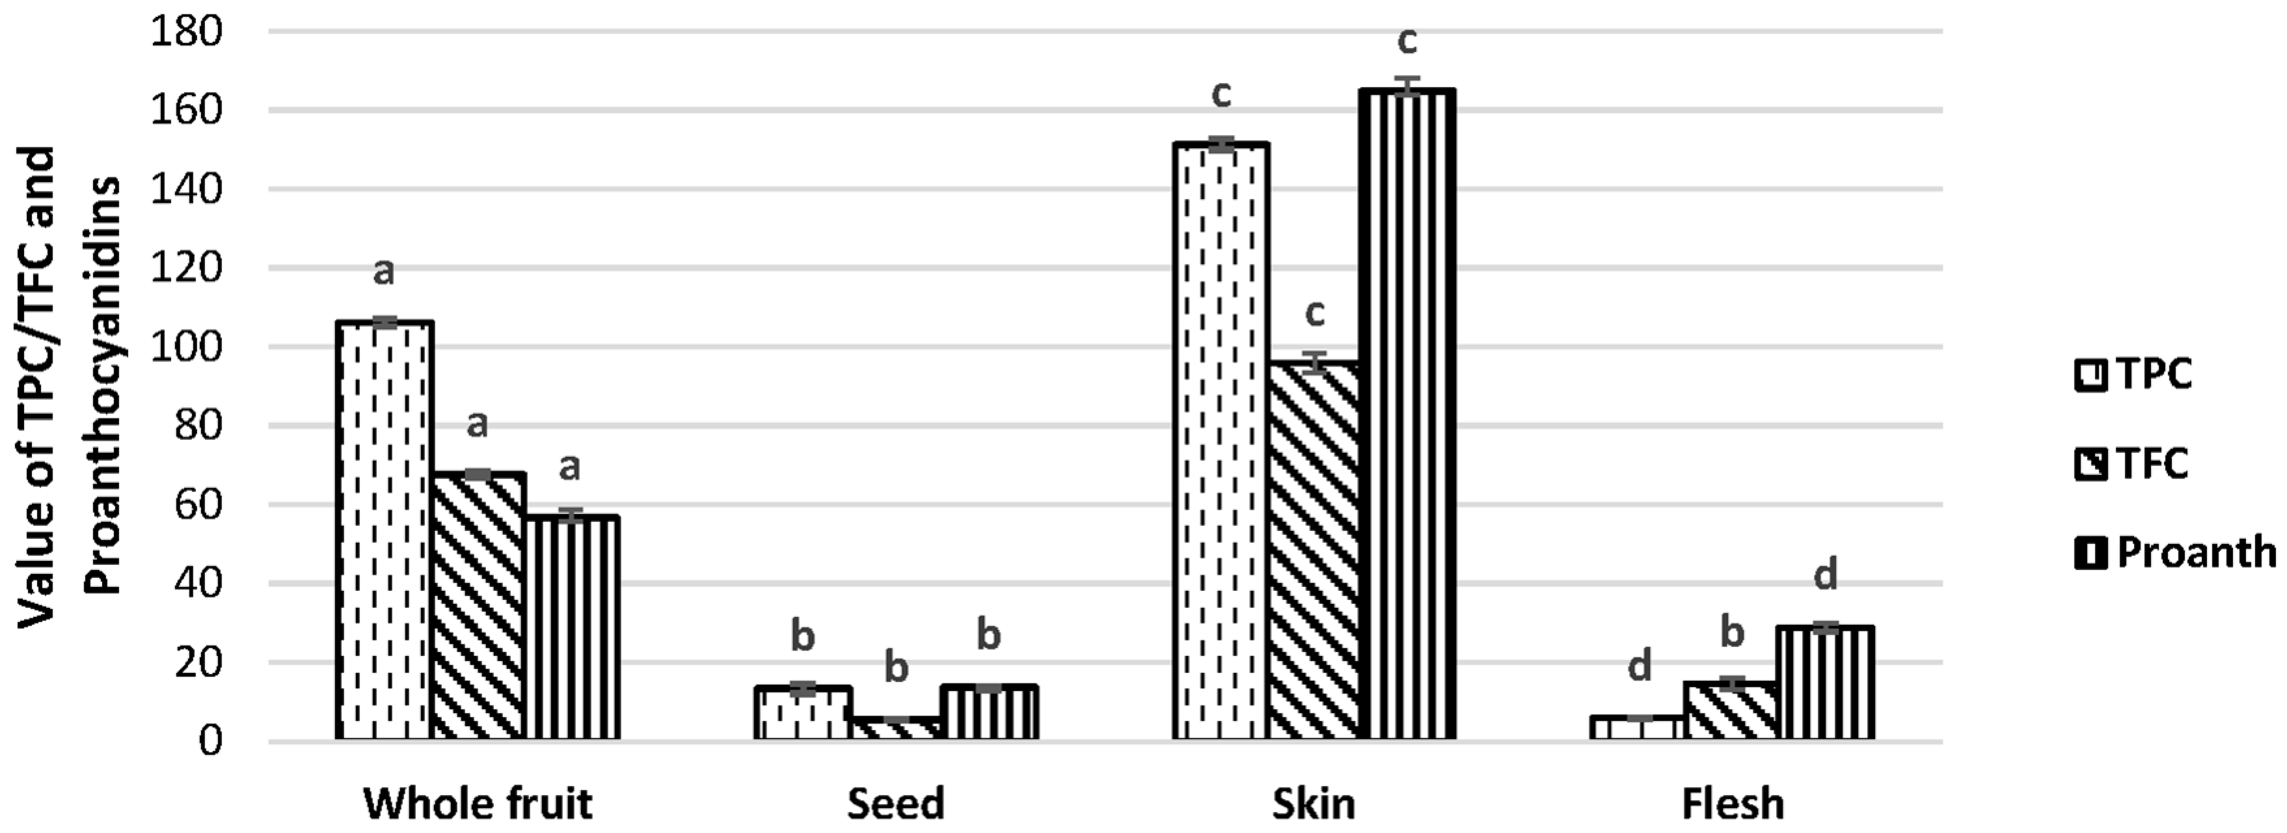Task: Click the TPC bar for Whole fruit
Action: point(384,530)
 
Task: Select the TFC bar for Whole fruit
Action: point(478,607)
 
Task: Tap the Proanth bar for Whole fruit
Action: point(572,628)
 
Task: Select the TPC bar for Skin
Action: point(1221,441)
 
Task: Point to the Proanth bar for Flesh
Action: point(1825,682)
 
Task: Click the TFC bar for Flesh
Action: point(1731,711)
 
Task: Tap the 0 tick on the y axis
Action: point(209,741)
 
